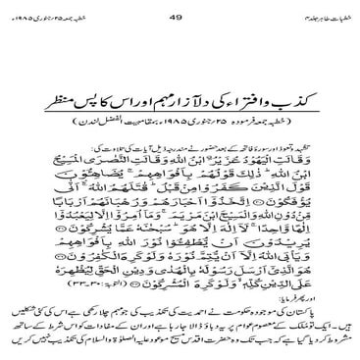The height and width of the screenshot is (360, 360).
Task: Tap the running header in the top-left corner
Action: (x=41, y=13)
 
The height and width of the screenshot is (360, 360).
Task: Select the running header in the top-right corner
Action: (x=312, y=13)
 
